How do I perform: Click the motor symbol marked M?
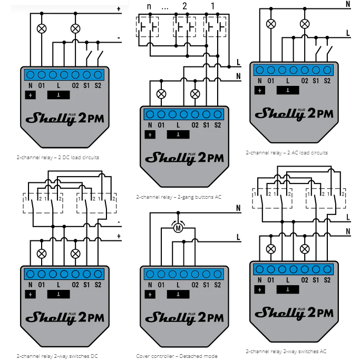tap(178, 228)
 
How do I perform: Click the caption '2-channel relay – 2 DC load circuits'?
tap(58, 157)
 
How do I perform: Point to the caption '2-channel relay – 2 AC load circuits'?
tap(287, 153)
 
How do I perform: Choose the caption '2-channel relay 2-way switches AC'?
tap(286, 351)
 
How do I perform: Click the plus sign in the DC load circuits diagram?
tap(119, 8)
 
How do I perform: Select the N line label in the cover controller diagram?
tap(239, 208)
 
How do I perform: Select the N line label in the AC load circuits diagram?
tap(348, 4)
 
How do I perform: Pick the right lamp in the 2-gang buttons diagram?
tap(195, 93)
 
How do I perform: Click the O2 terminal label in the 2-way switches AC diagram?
tap(304, 280)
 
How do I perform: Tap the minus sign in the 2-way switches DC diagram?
tap(119, 222)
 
